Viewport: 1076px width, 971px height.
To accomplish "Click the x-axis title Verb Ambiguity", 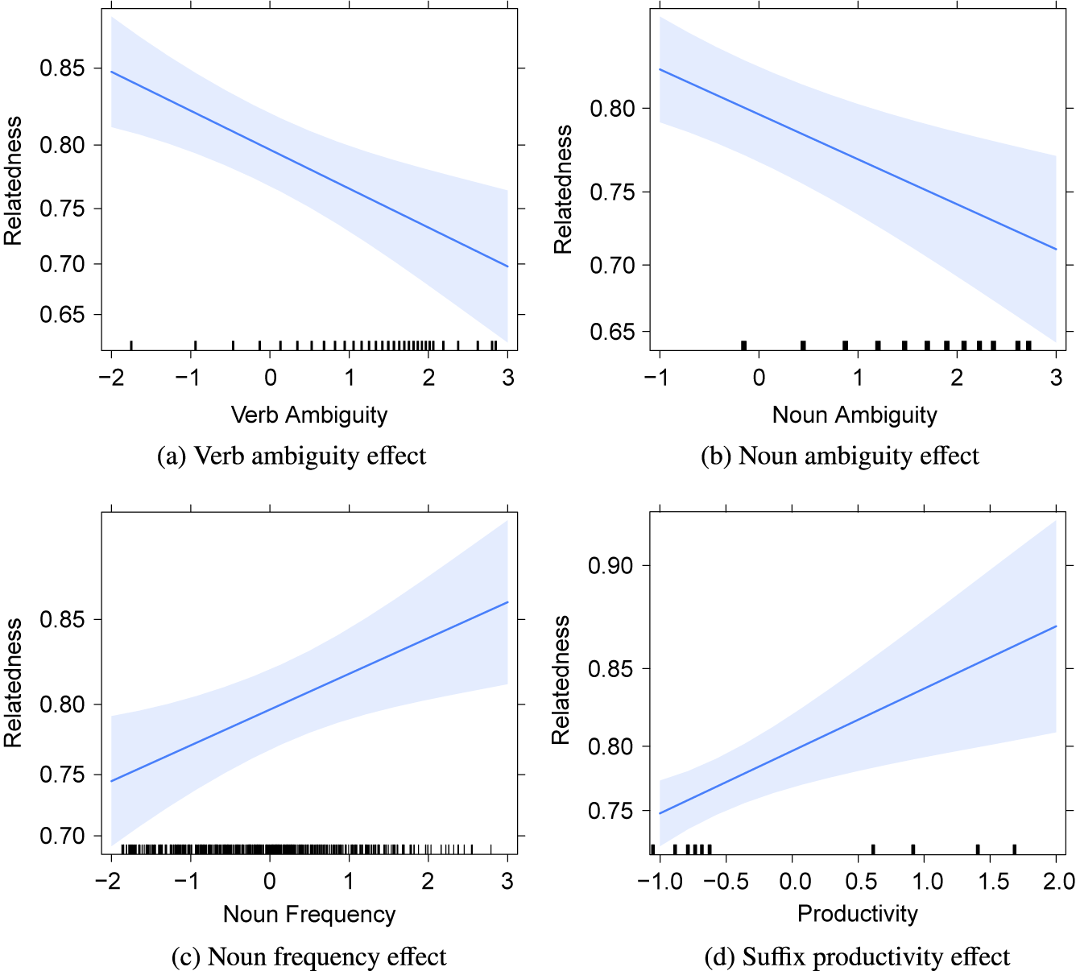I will click(x=309, y=415).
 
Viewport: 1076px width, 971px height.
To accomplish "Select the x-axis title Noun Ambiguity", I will click(x=855, y=415).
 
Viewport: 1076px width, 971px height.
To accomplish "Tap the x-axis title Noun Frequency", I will click(x=309, y=915).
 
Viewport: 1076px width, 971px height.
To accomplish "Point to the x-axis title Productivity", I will click(x=857, y=914).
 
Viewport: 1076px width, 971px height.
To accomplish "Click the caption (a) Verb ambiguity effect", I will click(x=292, y=456).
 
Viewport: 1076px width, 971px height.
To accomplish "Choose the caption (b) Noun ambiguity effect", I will click(x=840, y=456).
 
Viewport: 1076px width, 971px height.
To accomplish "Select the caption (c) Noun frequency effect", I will click(x=309, y=957).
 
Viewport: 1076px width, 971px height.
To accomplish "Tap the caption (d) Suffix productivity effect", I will click(x=857, y=957).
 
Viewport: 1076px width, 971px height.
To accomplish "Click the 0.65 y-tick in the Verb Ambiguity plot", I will click(x=62, y=315).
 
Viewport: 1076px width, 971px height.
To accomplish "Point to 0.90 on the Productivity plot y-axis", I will click(x=610, y=566).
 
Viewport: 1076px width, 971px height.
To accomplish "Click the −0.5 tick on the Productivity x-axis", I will click(x=726, y=882).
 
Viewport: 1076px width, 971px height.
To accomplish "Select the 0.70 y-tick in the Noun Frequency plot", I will click(x=62, y=837).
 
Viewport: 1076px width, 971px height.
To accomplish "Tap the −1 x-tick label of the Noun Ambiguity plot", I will click(x=656, y=378).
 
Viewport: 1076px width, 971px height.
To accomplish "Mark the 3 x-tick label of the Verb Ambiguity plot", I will click(x=507, y=378).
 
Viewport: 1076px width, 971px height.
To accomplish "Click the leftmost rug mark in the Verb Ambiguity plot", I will click(x=131, y=345).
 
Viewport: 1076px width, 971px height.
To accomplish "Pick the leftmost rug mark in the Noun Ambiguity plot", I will click(x=743, y=345).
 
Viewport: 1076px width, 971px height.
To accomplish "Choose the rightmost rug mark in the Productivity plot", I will click(x=1014, y=849).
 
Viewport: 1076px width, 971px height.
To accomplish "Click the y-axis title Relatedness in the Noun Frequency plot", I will click(x=13, y=683).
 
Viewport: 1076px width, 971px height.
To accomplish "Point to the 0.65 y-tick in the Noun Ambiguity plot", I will click(x=612, y=332).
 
